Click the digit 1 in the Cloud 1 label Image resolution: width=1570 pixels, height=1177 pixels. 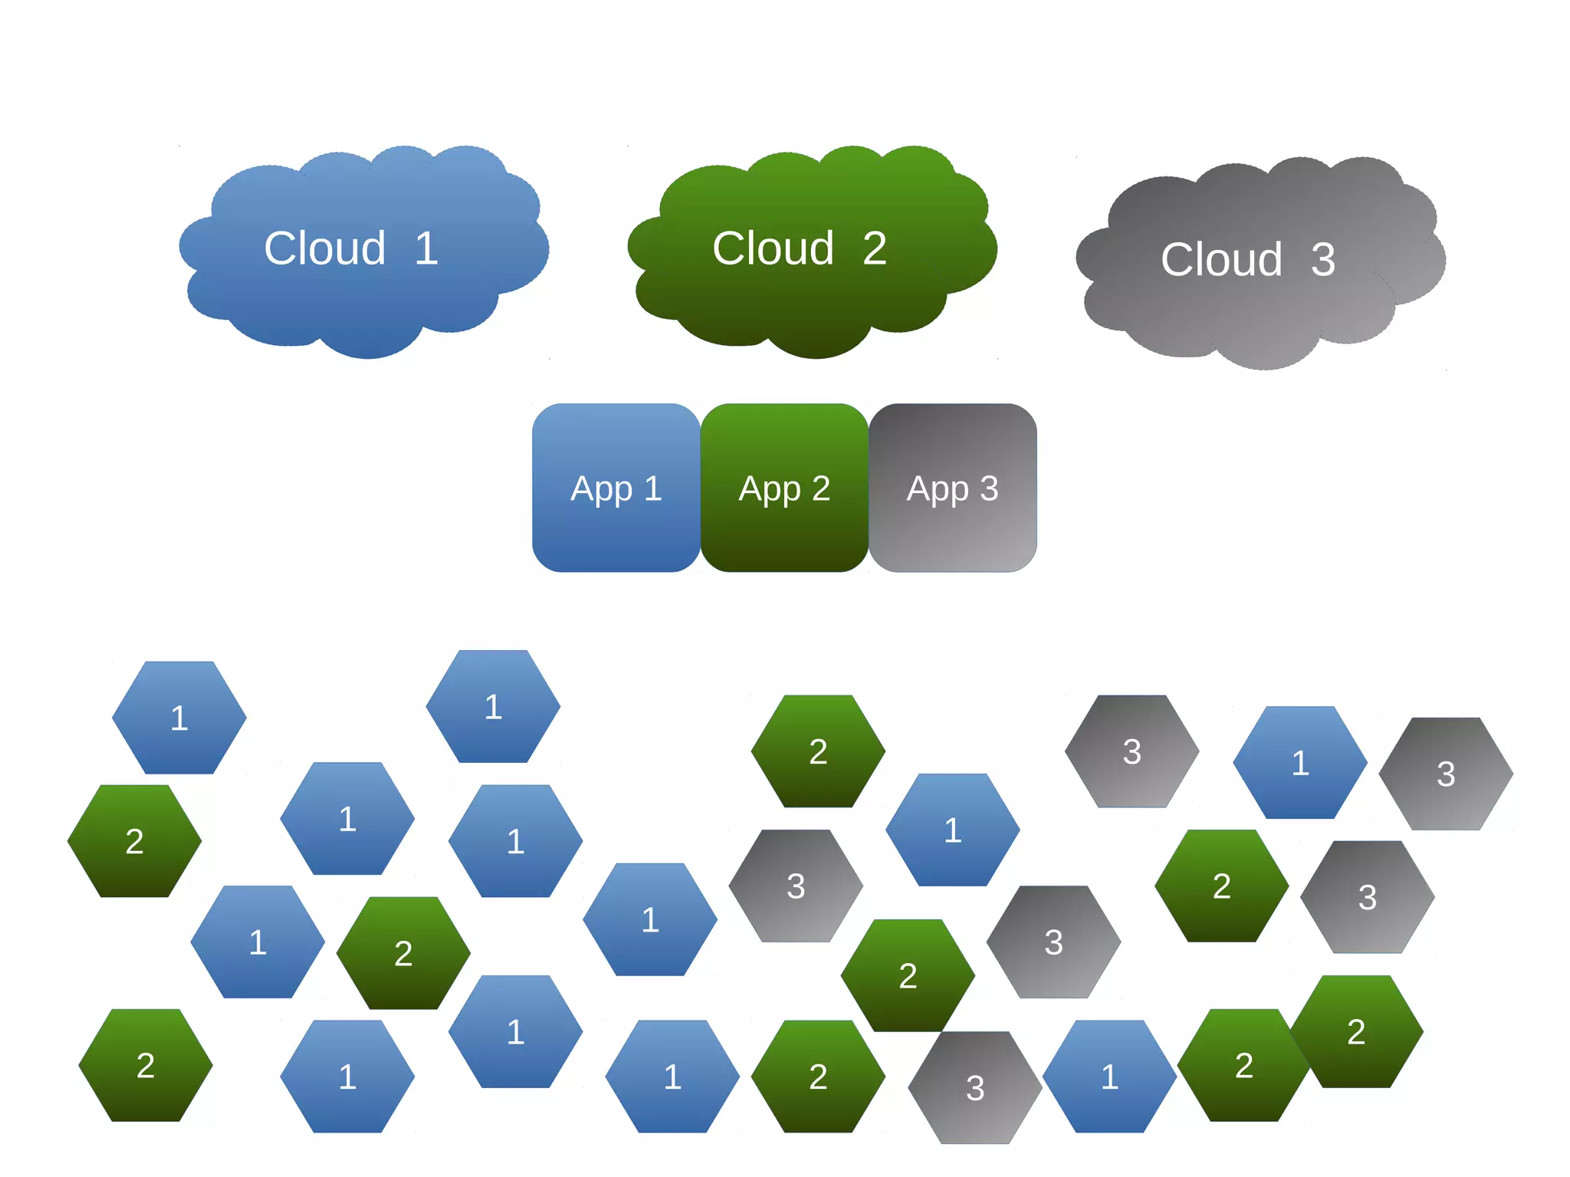coord(427,248)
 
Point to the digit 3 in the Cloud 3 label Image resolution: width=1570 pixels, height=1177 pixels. coord(1323,260)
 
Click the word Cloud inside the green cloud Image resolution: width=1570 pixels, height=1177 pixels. coord(773,248)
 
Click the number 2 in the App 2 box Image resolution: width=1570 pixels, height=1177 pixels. coord(821,488)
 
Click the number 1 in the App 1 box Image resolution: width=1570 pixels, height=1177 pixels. coord(653,488)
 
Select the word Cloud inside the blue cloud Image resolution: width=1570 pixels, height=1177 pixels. coord(324,248)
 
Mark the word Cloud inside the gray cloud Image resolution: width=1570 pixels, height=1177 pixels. coord(1221,260)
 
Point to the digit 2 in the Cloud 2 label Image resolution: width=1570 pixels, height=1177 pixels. coord(875,248)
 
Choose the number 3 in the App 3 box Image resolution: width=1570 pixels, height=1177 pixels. coord(989,488)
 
